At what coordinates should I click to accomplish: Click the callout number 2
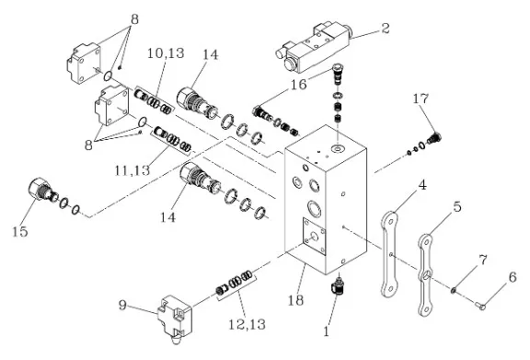click(x=386, y=29)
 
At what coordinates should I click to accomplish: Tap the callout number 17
click(x=421, y=99)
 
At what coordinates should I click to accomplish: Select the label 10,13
click(x=166, y=53)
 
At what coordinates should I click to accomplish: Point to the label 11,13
click(x=132, y=170)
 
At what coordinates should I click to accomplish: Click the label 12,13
click(x=248, y=324)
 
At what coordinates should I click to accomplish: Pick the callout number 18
click(x=295, y=300)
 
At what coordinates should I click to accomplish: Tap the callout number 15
click(x=20, y=232)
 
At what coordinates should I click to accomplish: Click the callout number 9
click(x=122, y=305)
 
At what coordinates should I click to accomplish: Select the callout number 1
click(x=326, y=331)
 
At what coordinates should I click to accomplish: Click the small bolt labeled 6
click(x=481, y=307)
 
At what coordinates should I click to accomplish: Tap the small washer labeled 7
click(x=454, y=290)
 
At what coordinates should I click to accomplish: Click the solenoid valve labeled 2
click(x=314, y=47)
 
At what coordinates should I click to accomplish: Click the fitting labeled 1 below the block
click(x=338, y=286)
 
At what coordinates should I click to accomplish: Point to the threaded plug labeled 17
click(x=434, y=138)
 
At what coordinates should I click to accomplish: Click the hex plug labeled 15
click(x=40, y=191)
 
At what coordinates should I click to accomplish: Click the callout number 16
click(x=299, y=84)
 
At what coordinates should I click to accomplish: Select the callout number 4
click(x=421, y=185)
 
